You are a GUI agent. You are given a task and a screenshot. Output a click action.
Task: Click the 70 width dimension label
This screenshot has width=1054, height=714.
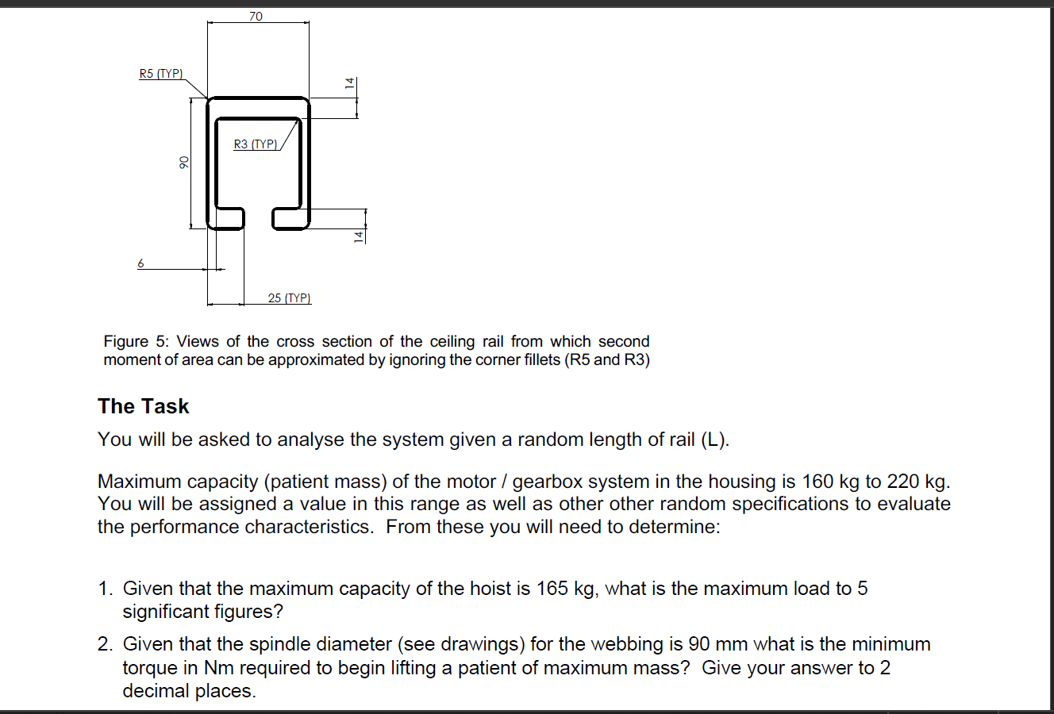(256, 16)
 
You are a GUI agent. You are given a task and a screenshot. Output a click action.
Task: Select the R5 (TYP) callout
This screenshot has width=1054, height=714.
(161, 74)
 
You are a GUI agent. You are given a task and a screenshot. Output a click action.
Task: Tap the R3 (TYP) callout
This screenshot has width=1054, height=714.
(256, 144)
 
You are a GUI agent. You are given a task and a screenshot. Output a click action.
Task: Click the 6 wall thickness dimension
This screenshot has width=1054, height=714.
(141, 263)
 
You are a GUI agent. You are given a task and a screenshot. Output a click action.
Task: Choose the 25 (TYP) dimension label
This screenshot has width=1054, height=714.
(289, 298)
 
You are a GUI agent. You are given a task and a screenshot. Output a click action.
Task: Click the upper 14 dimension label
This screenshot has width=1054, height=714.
(347, 83)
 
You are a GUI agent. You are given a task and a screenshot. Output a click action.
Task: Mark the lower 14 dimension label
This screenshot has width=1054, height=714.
(359, 236)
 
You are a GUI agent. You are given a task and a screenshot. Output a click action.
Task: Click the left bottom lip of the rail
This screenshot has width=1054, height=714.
(226, 218)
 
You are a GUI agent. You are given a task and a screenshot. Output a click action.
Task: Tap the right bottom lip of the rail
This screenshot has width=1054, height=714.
(290, 218)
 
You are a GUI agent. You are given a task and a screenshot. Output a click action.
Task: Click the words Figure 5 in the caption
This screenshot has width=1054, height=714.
(129, 341)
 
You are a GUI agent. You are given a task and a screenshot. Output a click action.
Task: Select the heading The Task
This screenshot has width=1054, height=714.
(144, 406)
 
